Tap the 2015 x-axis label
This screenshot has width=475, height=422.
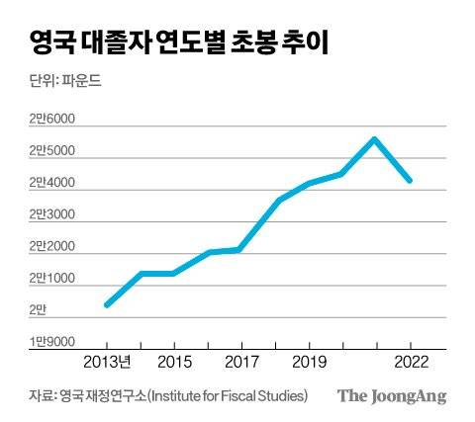click(174, 363)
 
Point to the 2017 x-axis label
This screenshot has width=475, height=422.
click(241, 363)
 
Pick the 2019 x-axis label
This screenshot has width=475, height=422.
click(309, 363)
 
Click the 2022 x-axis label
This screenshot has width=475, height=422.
click(410, 363)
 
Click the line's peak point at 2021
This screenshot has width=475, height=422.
click(374, 138)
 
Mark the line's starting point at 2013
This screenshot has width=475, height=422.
click(107, 304)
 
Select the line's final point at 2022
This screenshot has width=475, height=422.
click(409, 181)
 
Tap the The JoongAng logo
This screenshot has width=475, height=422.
click(392, 396)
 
